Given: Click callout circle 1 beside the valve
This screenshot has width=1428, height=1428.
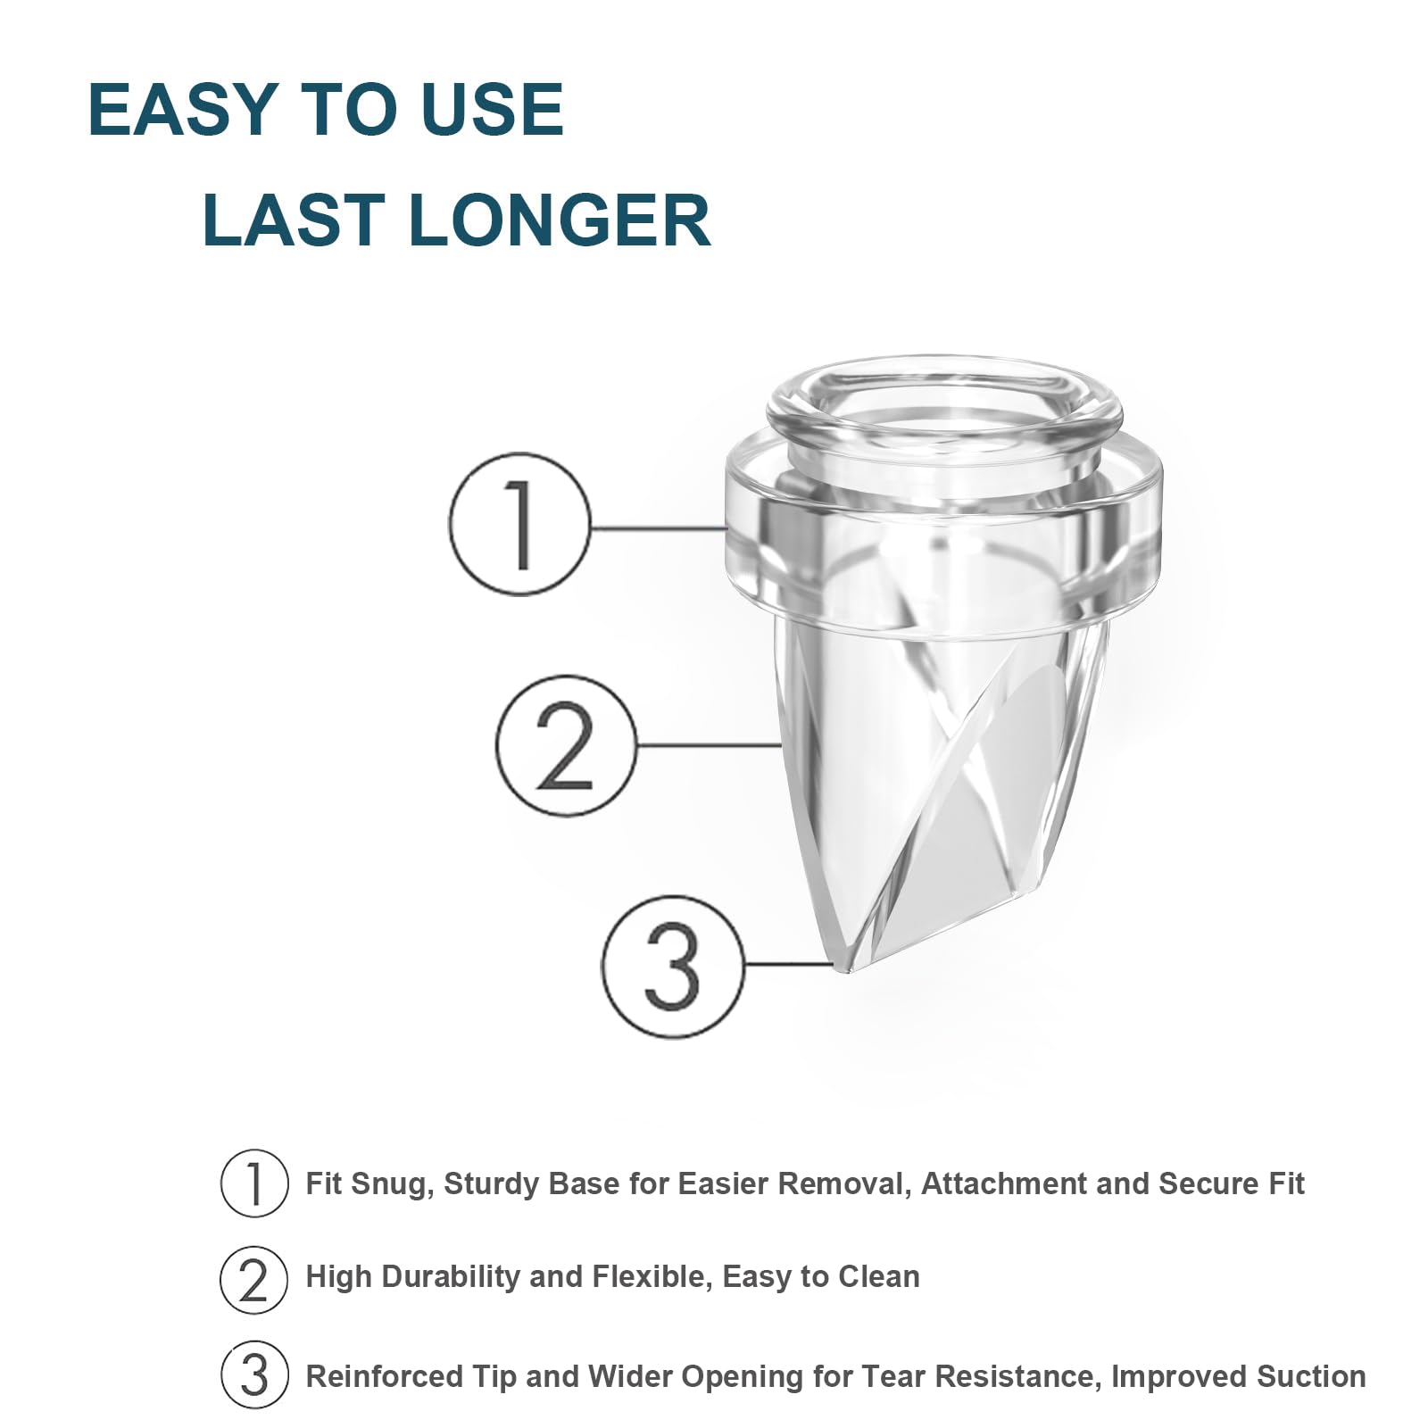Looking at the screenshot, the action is tap(519, 525).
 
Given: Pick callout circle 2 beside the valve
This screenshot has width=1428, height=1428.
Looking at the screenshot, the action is tap(567, 744).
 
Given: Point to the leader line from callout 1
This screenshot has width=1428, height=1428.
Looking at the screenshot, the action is tap(659, 527).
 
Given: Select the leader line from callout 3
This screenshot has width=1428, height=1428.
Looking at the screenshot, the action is tap(788, 964).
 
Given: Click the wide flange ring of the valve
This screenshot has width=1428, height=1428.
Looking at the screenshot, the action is tap(944, 535).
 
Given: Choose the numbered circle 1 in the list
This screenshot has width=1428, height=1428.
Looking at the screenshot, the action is tap(254, 1183).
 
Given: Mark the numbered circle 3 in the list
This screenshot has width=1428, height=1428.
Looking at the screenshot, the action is tap(254, 1374).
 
